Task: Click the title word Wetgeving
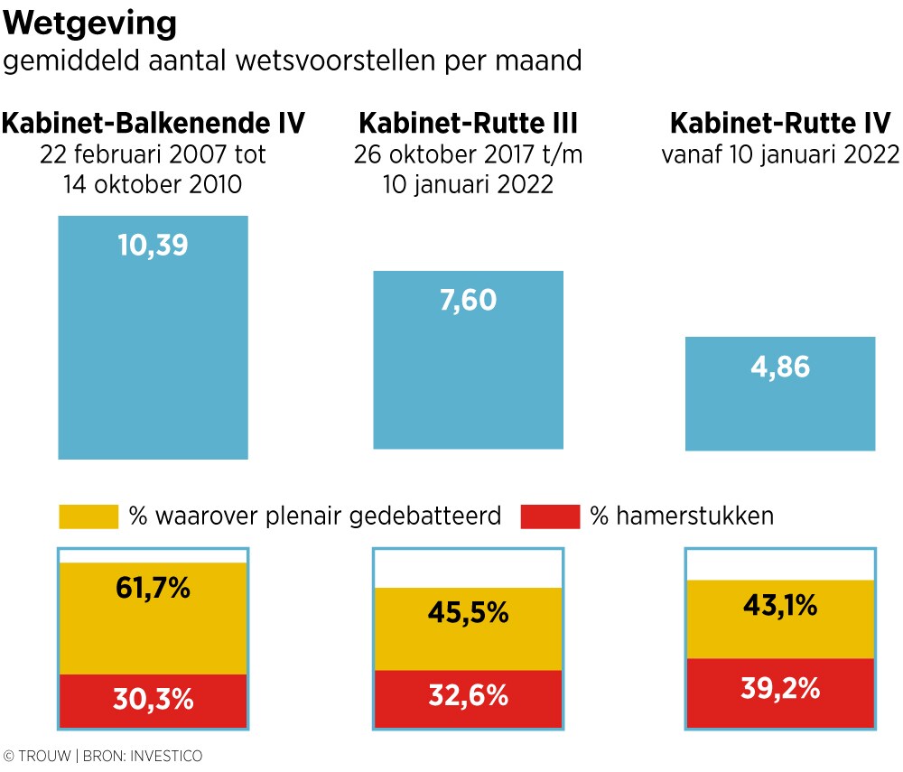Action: (91, 23)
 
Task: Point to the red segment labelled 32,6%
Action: (468, 698)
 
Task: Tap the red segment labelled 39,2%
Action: (780, 692)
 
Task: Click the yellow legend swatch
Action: (88, 516)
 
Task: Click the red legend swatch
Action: (550, 516)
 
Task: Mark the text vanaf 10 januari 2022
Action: (781, 154)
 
